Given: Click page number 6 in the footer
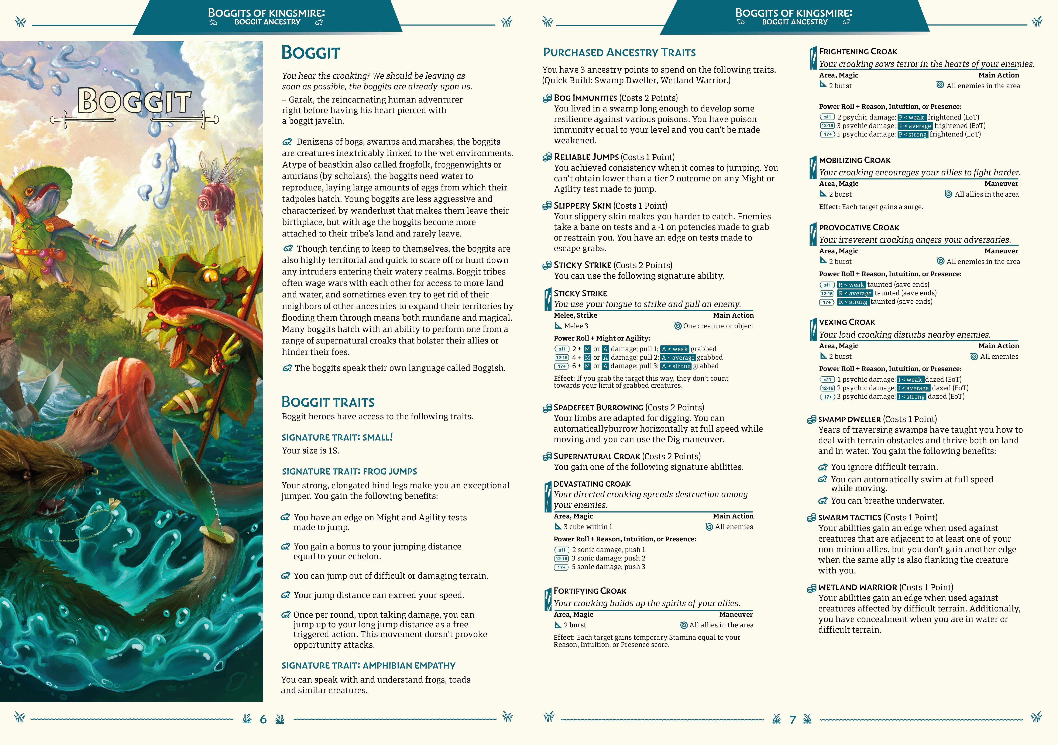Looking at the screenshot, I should point(263,719).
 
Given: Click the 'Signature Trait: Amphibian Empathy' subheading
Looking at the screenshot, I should point(368,665).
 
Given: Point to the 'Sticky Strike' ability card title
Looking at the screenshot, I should point(580,293).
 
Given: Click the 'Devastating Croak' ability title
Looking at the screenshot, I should point(592,484).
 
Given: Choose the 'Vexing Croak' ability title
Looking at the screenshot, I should point(847,322).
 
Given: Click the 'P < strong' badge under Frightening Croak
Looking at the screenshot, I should point(912,135).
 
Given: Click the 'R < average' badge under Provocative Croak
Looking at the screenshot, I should point(855,293).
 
